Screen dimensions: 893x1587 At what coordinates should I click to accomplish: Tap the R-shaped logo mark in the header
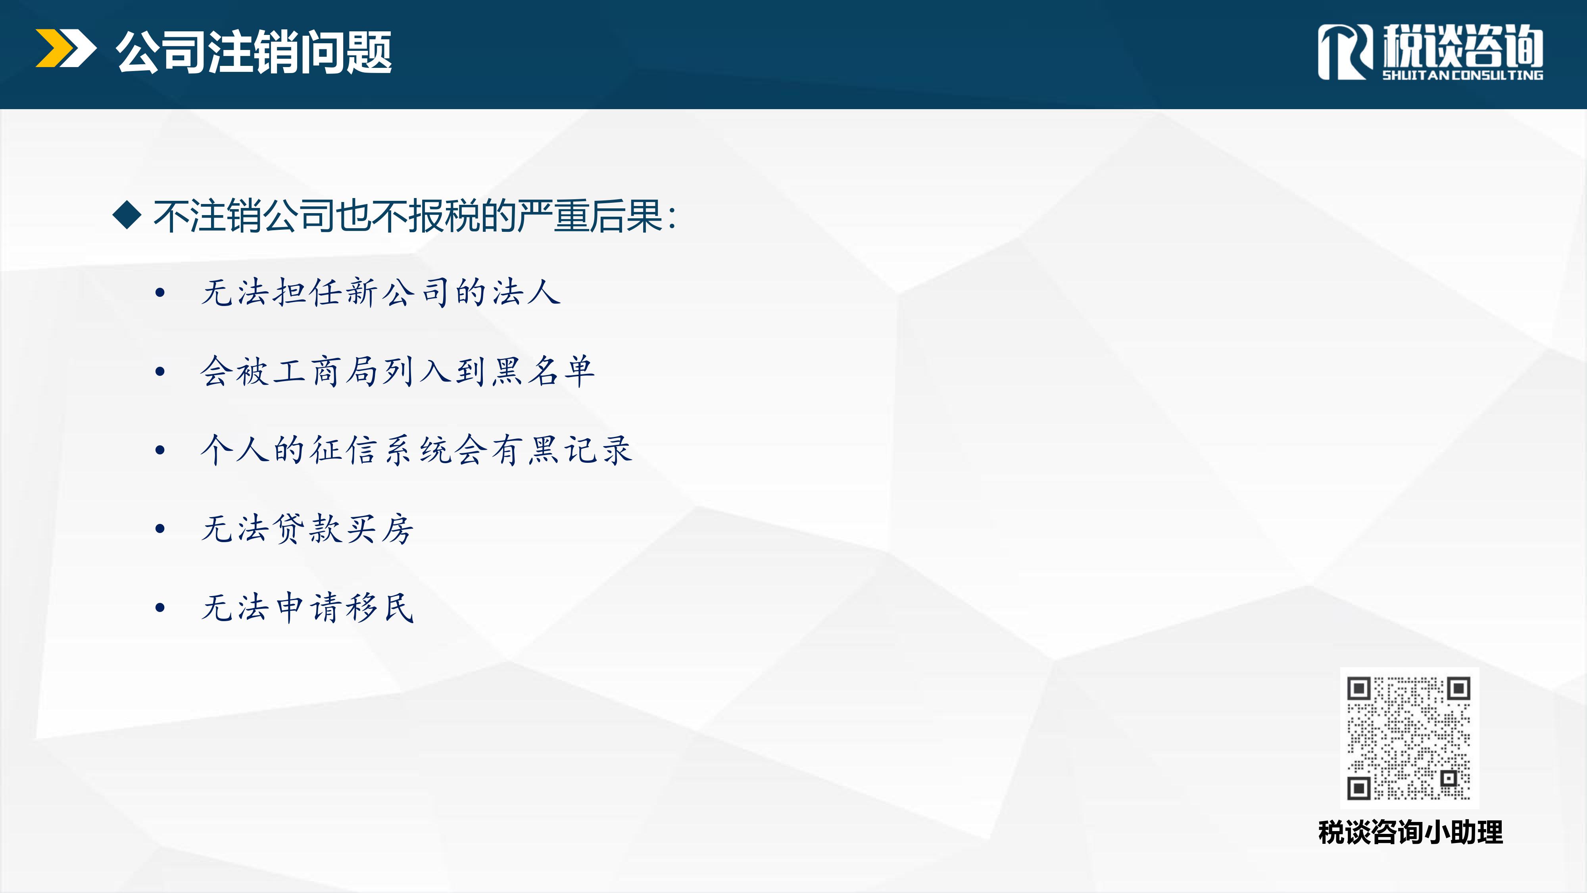1345,52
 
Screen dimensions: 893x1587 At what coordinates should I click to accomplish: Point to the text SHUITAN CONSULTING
1462,75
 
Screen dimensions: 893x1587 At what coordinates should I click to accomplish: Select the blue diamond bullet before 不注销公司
127,215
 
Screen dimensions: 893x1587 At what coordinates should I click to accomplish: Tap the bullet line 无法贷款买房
307,528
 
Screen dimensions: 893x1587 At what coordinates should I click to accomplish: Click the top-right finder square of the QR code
1458,688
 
